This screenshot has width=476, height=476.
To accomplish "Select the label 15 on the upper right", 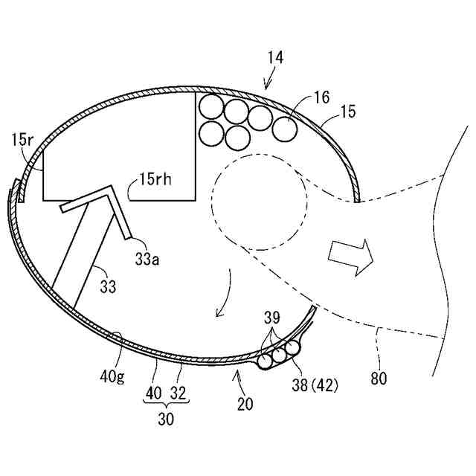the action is coord(347,112).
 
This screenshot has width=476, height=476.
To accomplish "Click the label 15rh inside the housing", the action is coord(155,179).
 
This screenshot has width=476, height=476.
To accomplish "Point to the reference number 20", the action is coord(245,404).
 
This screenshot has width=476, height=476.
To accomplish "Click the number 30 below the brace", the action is coord(166,419).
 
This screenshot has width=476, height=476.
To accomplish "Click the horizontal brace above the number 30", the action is coord(166,401).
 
